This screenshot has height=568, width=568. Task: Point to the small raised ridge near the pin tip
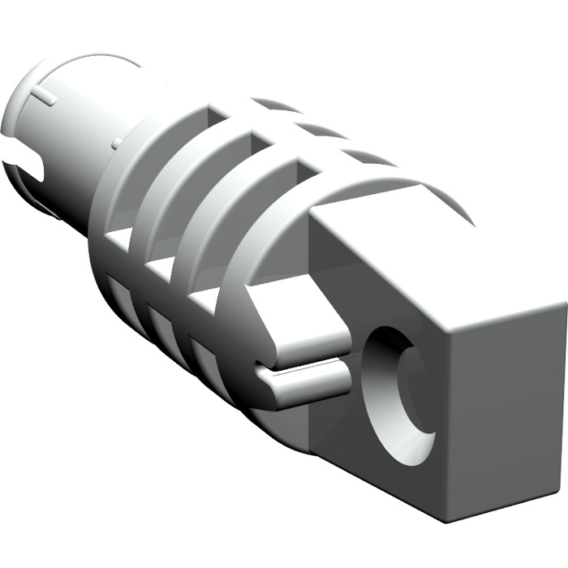[45, 97]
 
